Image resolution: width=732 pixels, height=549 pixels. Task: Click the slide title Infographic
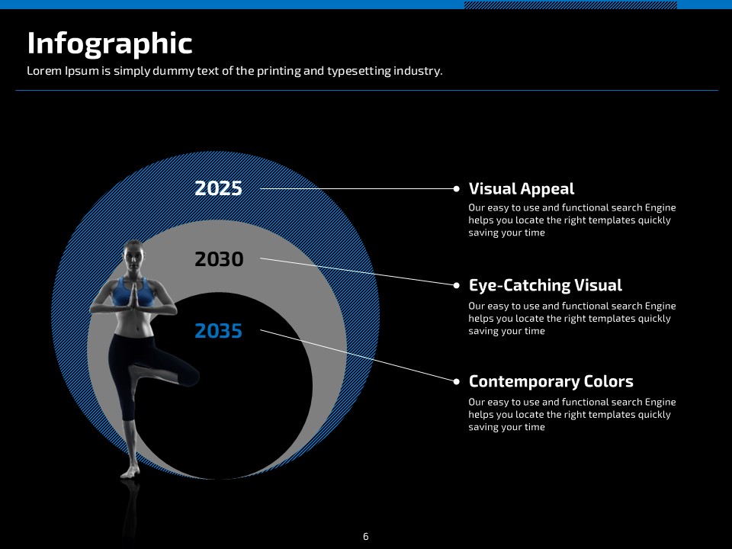click(110, 44)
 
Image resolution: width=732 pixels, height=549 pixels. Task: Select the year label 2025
click(219, 188)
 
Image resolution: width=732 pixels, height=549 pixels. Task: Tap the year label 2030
click(219, 259)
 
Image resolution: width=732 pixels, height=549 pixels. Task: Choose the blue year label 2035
click(219, 331)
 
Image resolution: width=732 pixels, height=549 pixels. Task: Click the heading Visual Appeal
click(522, 189)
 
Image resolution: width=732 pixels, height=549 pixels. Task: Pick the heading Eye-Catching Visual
click(545, 285)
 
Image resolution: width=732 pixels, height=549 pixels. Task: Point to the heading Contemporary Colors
click(551, 381)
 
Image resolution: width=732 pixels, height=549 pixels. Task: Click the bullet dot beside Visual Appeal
click(456, 188)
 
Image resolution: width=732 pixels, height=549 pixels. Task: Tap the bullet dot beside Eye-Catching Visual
click(456, 285)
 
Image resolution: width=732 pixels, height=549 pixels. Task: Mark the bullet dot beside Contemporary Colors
click(456, 381)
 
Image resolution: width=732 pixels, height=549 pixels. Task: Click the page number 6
click(365, 536)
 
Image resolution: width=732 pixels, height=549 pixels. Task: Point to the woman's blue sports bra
click(133, 292)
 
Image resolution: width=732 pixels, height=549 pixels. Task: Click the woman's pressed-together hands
click(133, 295)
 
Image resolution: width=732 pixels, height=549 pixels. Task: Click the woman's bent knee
click(191, 376)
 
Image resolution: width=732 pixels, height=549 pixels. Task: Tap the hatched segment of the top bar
click(570, 5)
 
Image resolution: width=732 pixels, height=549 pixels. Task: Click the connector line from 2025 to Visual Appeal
click(357, 188)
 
